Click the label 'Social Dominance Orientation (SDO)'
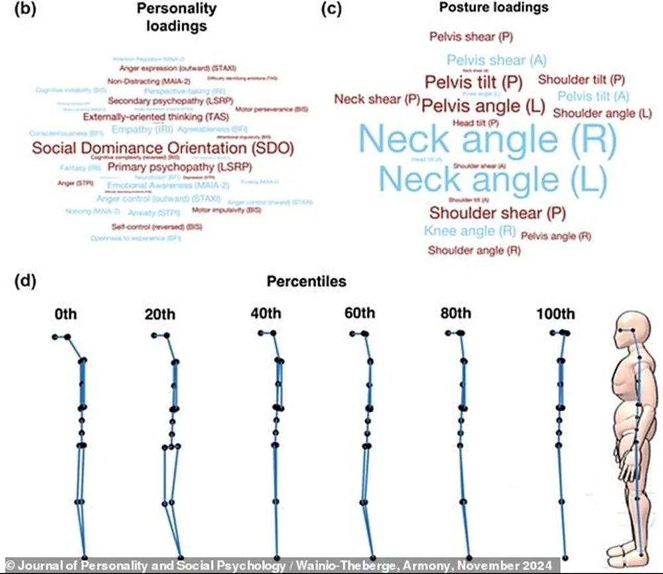tap(162, 148)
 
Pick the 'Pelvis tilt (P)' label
tap(473, 83)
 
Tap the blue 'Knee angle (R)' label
tap(470, 231)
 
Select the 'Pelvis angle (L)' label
tap(483, 105)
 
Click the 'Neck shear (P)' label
tap(377, 99)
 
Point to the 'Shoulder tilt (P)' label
tap(581, 80)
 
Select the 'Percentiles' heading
tap(306, 282)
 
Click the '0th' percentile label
tap(66, 313)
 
